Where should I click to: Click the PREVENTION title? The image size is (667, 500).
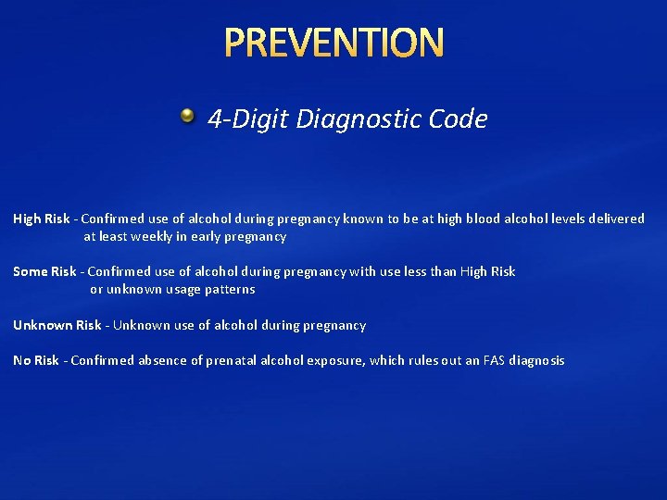(333, 43)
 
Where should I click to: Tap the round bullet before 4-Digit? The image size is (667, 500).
(188, 116)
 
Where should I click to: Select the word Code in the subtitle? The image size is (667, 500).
(459, 119)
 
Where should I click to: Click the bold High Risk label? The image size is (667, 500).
(41, 219)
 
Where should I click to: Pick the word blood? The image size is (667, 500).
(483, 219)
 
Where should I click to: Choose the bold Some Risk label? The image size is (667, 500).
(44, 272)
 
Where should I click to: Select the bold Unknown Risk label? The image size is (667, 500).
(57, 326)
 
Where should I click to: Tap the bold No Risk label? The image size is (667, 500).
(35, 361)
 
